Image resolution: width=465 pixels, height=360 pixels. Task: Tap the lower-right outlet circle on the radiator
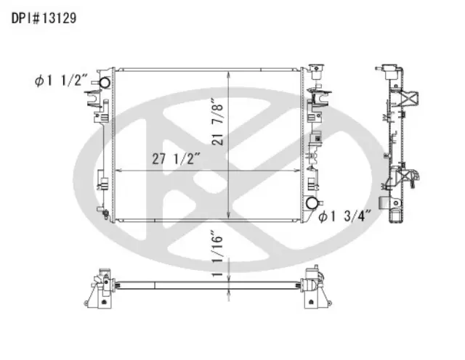point(313,203)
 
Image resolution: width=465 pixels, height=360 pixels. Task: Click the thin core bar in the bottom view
point(207,279)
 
